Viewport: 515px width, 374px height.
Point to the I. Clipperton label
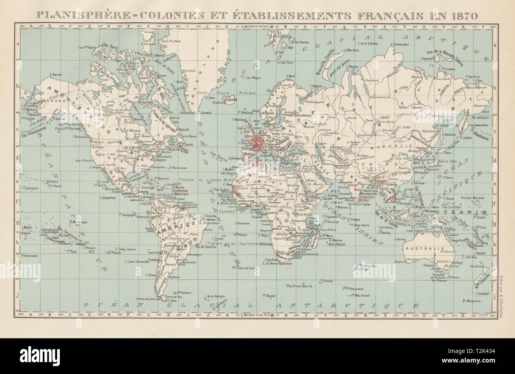coord(111,197)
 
